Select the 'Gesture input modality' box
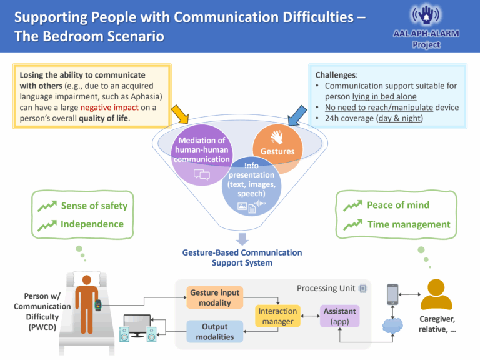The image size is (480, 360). (214, 297)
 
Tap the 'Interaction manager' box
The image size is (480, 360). (277, 316)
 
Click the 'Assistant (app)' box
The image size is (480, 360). (340, 316)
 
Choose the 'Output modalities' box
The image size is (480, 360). (214, 332)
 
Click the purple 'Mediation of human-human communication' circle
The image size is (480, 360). (201, 152)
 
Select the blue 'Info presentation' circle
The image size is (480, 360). (251, 185)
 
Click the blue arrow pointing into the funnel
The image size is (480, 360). (296, 114)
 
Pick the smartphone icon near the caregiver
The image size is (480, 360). (392, 294)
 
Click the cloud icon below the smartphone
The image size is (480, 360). (392, 326)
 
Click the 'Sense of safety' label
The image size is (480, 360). (94, 206)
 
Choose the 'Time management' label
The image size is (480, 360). (409, 224)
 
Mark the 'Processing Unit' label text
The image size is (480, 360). (326, 288)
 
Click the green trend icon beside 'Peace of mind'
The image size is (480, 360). (352, 206)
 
